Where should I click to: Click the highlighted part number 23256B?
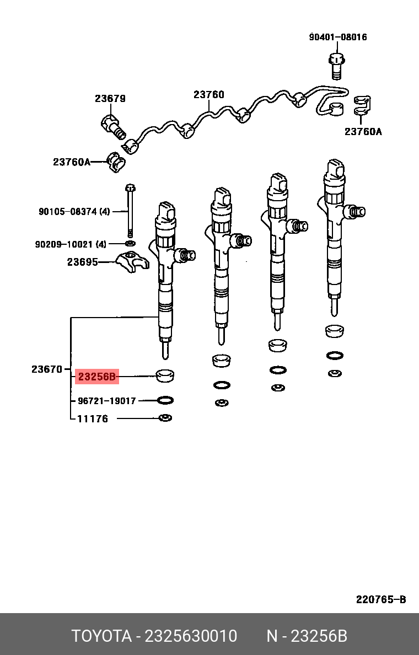click(x=97, y=377)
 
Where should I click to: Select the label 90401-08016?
click(x=337, y=37)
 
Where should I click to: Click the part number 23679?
click(x=110, y=99)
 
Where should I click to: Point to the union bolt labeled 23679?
click(x=112, y=126)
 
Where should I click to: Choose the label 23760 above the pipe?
click(x=209, y=94)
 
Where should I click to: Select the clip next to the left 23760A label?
click(x=116, y=161)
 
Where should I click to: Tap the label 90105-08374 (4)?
click(x=74, y=211)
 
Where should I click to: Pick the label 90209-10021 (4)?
click(x=71, y=244)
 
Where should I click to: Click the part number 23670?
click(x=47, y=369)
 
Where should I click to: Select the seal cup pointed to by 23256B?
click(x=164, y=375)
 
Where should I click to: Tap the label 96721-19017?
click(x=106, y=401)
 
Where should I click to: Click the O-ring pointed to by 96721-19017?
click(x=165, y=400)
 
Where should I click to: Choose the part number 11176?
click(x=92, y=418)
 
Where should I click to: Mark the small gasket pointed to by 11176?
click(x=165, y=418)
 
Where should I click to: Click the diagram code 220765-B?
click(x=380, y=599)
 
